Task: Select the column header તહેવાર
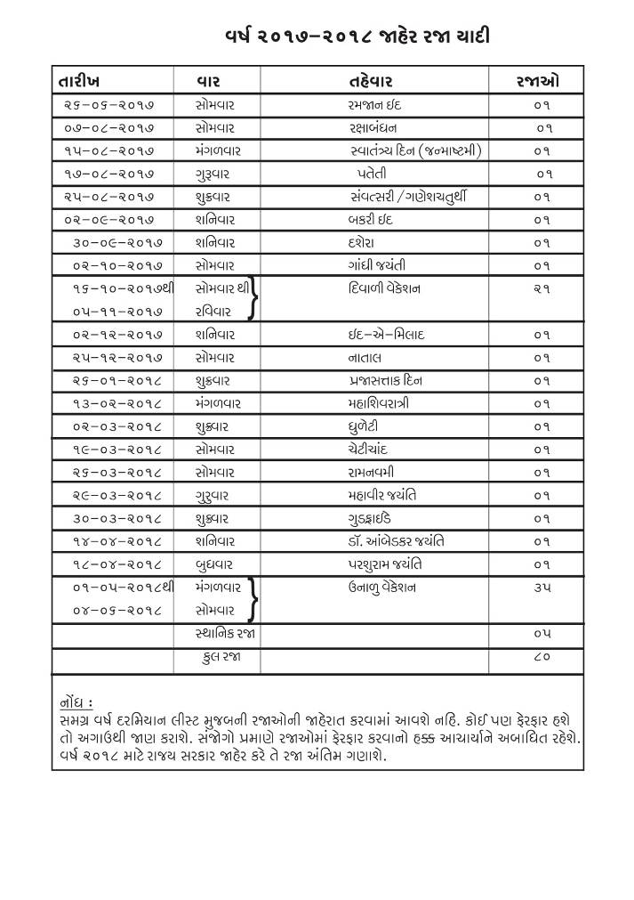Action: [x=372, y=81]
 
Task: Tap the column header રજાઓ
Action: [x=537, y=81]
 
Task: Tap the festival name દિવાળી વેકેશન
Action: [x=385, y=288]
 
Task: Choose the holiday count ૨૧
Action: [x=542, y=288]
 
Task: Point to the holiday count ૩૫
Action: [x=542, y=588]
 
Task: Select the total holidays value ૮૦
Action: [x=542, y=657]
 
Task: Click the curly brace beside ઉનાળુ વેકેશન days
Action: [x=256, y=598]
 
